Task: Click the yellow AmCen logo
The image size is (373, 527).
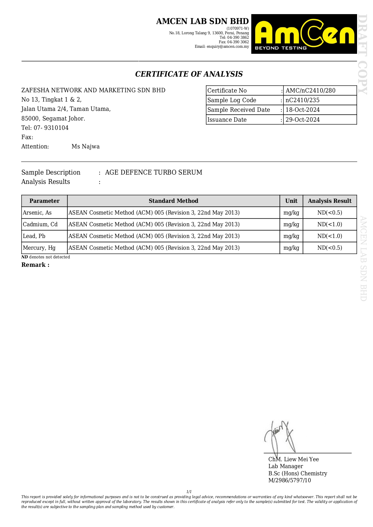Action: pos(304,34)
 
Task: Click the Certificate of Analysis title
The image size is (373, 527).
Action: pos(189,74)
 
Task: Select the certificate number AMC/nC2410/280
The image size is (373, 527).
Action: pos(310,90)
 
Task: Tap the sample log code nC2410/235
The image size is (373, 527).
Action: pos(302,100)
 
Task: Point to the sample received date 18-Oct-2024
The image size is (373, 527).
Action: pos(302,110)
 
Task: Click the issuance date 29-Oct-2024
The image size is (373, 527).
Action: pos(302,120)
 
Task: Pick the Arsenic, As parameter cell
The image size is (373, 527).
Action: pos(37,213)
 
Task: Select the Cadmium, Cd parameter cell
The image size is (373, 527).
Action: pos(40,224)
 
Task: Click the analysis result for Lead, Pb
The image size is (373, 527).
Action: pos(329,236)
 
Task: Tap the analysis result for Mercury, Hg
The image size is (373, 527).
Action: pos(329,248)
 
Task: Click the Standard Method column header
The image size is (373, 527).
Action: pos(173,201)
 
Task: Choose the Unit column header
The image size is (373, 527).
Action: pos(291,201)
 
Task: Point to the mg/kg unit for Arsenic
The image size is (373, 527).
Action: pos(291,213)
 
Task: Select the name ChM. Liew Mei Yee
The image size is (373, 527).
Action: pos(293,459)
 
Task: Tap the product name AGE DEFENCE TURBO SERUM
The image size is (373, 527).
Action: pos(154,172)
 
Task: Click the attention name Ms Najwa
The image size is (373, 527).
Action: pos(85,147)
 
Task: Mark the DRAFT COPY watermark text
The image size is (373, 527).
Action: pos(363,54)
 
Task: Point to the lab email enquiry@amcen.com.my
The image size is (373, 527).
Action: pos(222,47)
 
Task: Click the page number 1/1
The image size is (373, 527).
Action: pos(189,492)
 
